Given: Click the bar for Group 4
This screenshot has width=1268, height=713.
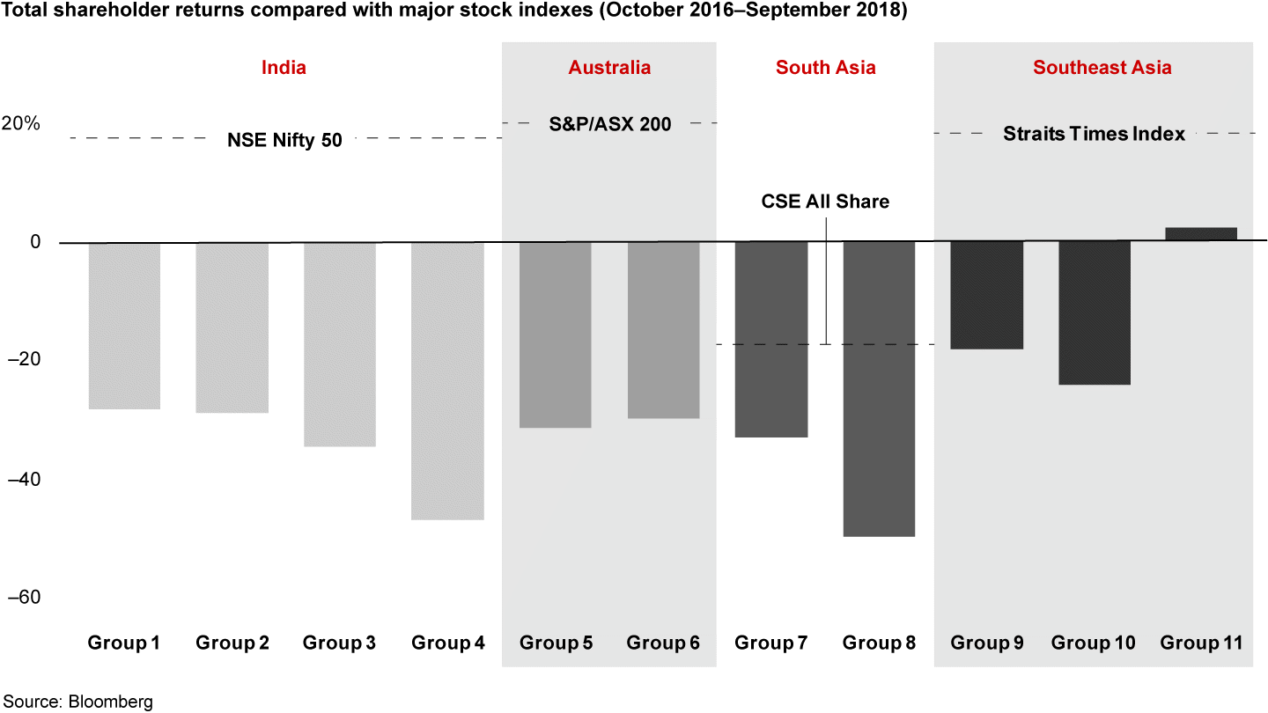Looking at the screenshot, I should point(447,380).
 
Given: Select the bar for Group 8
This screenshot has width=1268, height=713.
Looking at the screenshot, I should point(879,388).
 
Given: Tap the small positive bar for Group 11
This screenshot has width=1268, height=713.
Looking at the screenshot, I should point(1201,233).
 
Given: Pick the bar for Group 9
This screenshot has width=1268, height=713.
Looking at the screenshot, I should point(986,295).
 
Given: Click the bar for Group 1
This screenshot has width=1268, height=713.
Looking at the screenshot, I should point(124,326).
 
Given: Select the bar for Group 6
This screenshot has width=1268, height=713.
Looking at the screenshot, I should point(663,330).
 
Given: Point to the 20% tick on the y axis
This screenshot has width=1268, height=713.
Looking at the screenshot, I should point(20,123).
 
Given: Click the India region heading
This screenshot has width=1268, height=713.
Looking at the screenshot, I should point(284,68).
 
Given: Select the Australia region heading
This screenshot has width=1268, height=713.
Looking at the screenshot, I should point(609,68).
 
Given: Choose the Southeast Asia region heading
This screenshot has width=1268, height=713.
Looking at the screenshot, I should point(1102,68).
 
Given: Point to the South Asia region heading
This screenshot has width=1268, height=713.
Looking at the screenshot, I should point(825,68).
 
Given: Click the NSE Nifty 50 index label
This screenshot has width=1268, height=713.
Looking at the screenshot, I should point(284,139).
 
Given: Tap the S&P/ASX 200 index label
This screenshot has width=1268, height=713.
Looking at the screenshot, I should point(610,124).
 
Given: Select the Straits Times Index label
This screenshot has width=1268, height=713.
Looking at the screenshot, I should point(1094,134).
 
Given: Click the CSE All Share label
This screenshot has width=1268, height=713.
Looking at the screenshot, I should point(825,202).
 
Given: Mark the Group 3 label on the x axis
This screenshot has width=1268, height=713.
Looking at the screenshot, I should point(339,643).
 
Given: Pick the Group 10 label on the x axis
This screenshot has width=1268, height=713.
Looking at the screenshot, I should point(1093,643).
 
